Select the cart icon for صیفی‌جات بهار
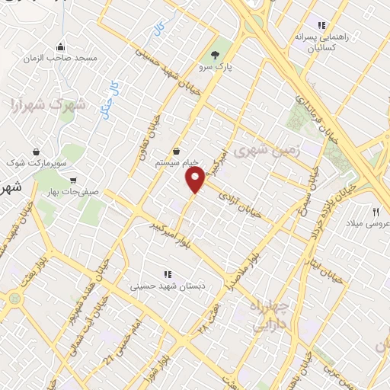[72, 181]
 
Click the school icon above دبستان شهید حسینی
[167, 274]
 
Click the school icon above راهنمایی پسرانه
[321, 24]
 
